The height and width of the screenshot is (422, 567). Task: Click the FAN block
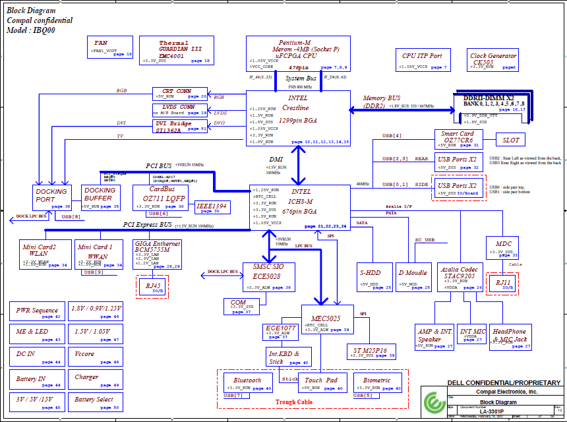(x=110, y=47)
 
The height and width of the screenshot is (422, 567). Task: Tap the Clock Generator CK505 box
(x=493, y=60)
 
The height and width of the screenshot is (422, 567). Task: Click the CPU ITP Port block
(x=422, y=59)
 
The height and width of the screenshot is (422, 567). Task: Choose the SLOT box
(x=511, y=140)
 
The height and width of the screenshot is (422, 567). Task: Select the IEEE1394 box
(x=213, y=207)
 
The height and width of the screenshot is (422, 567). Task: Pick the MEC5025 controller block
(x=328, y=320)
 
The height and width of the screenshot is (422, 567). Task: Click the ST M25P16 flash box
(x=371, y=353)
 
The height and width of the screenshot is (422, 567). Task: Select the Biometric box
(x=377, y=383)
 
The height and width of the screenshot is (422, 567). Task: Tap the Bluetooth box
(x=247, y=383)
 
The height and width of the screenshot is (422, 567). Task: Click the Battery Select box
(x=95, y=402)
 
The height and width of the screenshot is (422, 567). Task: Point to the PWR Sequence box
(x=38, y=312)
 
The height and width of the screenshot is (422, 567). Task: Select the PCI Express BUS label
(x=148, y=225)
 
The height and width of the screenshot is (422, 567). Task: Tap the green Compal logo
(x=434, y=402)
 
